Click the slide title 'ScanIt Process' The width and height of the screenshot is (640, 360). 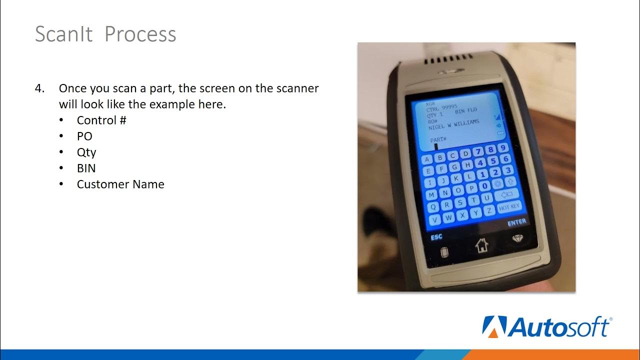tap(105, 34)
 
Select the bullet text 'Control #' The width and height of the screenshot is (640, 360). tap(101, 120)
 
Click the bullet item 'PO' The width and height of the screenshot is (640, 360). tap(84, 136)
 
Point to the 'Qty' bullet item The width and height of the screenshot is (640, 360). tap(86, 152)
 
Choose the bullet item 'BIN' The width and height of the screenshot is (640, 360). tap(86, 168)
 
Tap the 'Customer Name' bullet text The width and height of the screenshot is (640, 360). tap(120, 184)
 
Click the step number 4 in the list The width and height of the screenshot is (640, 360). tap(39, 88)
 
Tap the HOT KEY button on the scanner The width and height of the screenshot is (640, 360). tap(509, 206)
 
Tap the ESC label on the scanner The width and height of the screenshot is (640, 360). tap(436, 237)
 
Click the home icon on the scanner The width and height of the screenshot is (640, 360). tap(481, 245)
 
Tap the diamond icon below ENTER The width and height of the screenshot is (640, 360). tap(517, 239)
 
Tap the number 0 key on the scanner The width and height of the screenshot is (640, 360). tap(483, 186)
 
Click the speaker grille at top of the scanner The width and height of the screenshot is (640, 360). tap(449, 61)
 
